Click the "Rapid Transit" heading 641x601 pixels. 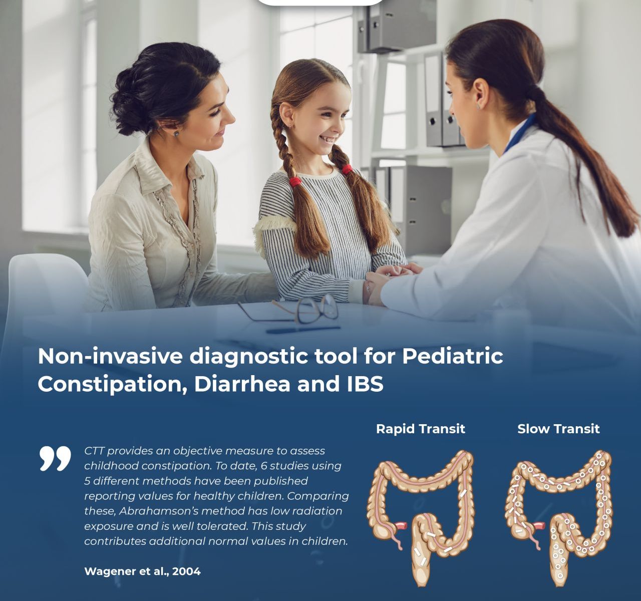click(421, 429)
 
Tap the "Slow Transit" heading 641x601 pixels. click(558, 429)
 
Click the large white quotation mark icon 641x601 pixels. click(55, 459)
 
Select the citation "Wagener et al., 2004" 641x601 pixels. click(142, 571)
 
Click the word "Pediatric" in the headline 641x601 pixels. click(453, 356)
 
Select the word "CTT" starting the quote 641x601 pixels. click(94, 451)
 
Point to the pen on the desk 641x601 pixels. click(303, 330)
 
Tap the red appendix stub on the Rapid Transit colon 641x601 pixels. click(402, 526)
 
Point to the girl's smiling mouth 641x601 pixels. click(325, 139)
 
